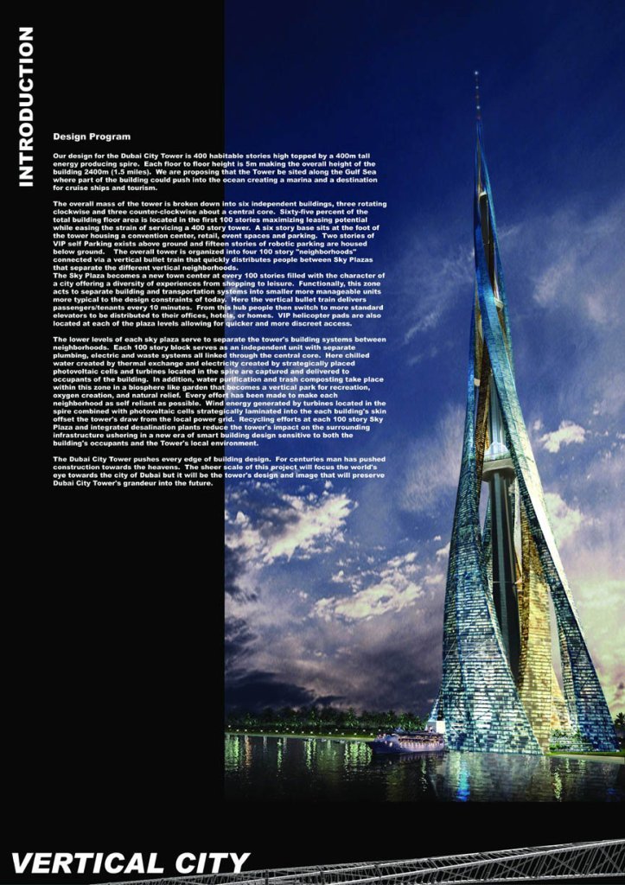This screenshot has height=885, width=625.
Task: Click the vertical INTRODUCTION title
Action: (25, 105)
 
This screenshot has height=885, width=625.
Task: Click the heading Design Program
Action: (92, 137)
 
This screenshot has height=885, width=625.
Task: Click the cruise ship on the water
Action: (407, 742)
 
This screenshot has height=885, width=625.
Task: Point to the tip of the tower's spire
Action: (476, 75)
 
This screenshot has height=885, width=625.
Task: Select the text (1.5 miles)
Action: (131, 171)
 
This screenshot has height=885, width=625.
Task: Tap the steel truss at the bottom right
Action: (484, 864)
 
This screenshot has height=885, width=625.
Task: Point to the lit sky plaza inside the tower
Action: (497, 454)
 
